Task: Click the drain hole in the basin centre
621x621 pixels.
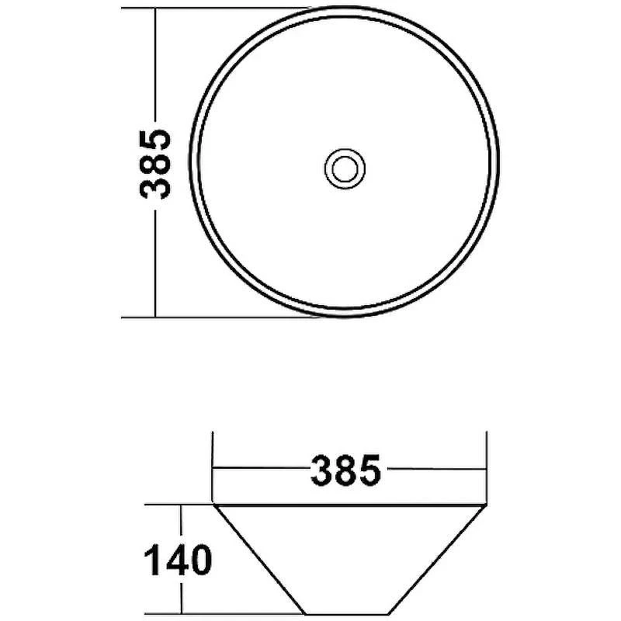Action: point(345,168)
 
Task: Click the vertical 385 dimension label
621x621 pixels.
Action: point(154,165)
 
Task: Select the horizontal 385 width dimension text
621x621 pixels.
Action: point(345,470)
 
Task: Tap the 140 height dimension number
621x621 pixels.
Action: point(178,560)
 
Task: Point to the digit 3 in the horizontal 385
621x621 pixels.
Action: point(321,470)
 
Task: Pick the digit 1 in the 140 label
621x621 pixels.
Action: point(151,560)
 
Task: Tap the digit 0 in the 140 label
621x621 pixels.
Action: point(201,560)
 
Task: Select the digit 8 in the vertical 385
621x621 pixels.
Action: point(154,165)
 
